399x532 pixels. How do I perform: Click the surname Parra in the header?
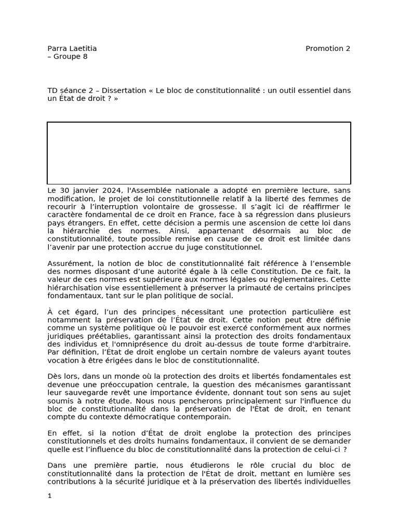[x=57, y=49]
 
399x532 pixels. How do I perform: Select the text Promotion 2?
[x=328, y=49]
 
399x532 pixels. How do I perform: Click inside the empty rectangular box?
[x=199, y=153]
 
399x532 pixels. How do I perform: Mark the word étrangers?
[x=82, y=222]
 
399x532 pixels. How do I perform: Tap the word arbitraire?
[x=327, y=343]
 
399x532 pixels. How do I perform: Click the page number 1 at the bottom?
[x=50, y=496]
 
